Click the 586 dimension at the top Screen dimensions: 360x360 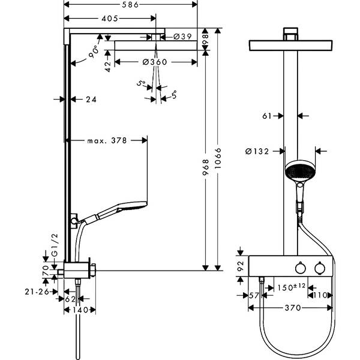[130, 5]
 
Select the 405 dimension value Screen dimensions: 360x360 [110, 19]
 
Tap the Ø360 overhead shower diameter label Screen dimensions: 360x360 [155, 62]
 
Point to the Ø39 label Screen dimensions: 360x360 [182, 37]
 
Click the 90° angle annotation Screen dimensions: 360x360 [94, 52]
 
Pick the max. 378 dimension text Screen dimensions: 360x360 [107, 140]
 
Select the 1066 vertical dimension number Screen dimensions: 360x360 [218, 158]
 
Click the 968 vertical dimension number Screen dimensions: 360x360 [205, 167]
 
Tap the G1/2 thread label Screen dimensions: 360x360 [55, 245]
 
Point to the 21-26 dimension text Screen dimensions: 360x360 [37, 292]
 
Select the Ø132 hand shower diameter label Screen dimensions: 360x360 [257, 151]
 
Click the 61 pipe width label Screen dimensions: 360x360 [267, 116]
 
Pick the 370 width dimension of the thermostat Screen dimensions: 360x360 [293, 308]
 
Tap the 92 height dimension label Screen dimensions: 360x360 [241, 266]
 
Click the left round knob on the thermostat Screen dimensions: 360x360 [301, 268]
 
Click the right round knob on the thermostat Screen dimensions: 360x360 [320, 268]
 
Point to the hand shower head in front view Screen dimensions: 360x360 [301, 169]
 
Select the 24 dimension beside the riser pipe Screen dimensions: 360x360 [91, 100]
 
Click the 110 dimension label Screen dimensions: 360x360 [320, 295]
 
